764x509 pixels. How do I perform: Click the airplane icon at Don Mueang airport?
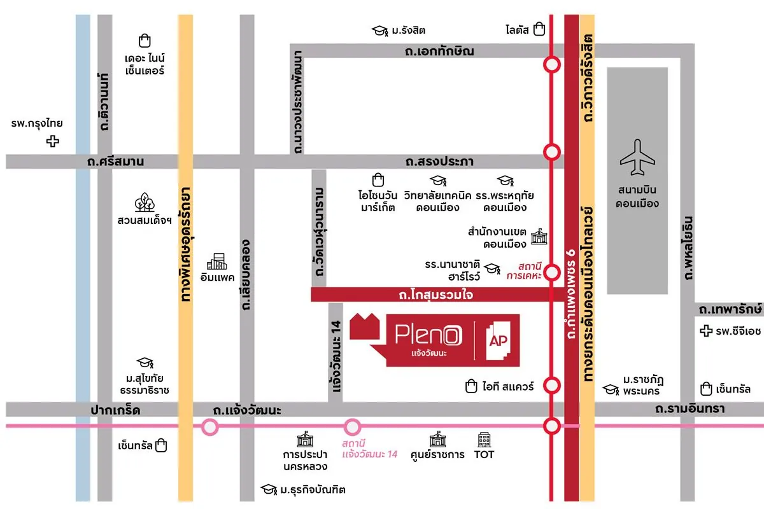pos(637,157)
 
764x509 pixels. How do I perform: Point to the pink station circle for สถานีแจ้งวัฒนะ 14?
pos(352,427)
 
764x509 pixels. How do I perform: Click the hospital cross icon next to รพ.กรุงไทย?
pos(53,141)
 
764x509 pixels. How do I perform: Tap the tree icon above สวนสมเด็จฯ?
pos(144,202)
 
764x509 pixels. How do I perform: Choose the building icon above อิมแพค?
pos(216,261)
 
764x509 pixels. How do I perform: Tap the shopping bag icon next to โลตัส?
pos(539,29)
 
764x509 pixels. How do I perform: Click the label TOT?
pos(485,454)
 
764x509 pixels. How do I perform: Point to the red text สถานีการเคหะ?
pos(521,270)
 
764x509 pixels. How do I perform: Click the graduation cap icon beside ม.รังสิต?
pos(380,31)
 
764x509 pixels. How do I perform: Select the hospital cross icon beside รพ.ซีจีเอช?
pos(705,331)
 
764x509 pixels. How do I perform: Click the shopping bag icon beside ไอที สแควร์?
pos(471,386)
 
